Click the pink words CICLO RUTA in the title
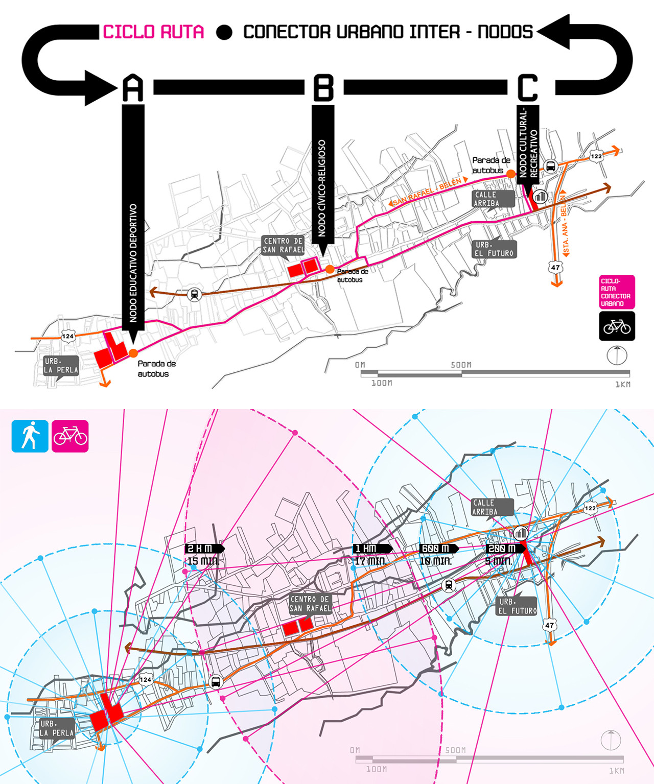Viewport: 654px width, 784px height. (154, 32)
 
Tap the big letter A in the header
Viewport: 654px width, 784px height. (133, 88)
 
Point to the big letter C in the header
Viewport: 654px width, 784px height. (528, 87)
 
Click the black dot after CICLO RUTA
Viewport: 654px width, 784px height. (224, 32)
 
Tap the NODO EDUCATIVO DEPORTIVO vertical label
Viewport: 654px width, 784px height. (133, 263)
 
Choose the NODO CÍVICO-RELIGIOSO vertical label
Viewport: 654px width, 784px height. (322, 188)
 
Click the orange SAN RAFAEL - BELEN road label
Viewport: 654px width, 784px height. (428, 192)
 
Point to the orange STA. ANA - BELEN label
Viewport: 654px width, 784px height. (565, 223)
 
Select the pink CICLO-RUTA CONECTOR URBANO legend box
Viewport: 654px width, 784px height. (617, 292)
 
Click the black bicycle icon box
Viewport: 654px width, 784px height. (617, 326)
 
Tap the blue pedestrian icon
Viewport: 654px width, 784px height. (30, 436)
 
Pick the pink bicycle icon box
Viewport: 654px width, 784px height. (70, 436)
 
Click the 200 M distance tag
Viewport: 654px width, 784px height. (505, 549)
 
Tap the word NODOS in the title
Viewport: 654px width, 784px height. (505, 32)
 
